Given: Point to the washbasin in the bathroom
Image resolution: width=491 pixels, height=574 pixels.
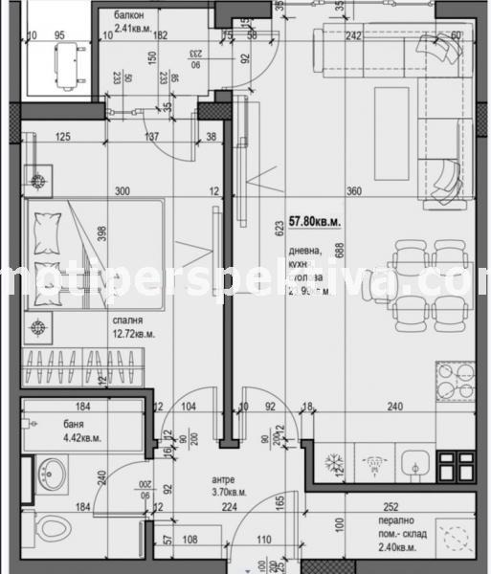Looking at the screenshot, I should coord(50,471).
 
